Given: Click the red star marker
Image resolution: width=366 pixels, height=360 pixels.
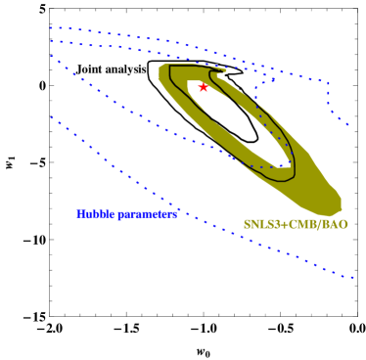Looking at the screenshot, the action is [204, 87].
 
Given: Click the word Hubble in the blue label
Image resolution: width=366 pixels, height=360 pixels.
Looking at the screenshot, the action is [95, 213].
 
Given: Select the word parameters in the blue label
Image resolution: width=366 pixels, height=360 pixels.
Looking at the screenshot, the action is [147, 214].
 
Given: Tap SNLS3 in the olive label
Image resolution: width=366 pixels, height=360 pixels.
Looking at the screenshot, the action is [260, 224].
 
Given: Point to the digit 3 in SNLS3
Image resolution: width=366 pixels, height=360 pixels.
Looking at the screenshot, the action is [275, 224].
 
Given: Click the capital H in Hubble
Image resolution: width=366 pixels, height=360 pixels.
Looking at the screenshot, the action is [80, 213].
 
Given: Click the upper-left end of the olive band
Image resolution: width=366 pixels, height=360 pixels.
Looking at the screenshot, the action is [161, 70].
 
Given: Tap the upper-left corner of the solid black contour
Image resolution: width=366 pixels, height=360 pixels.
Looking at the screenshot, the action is [170, 67].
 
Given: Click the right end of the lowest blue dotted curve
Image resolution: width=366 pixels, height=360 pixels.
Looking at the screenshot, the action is [353, 279].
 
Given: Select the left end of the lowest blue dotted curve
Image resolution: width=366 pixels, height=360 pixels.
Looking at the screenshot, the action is [51, 118].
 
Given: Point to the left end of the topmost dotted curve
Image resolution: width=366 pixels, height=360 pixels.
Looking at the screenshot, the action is [50, 27].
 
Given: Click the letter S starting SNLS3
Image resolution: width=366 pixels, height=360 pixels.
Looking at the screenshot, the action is [247, 224].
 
